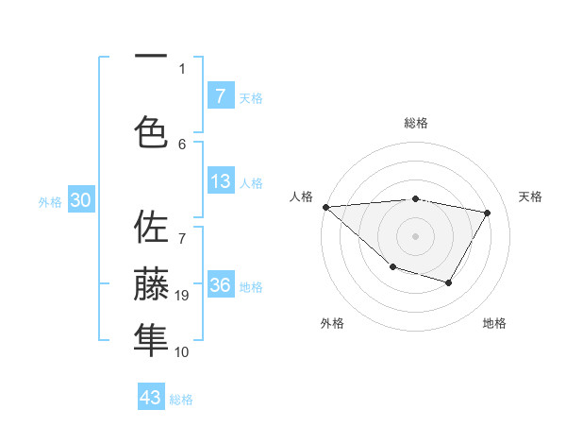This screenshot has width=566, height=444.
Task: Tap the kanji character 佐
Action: pos(151,229)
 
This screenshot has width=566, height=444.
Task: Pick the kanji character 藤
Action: pos(151,283)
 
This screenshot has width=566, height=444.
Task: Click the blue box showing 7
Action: pos(220,95)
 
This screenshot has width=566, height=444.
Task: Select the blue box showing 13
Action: pos(220,181)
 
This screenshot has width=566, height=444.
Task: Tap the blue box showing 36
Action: pos(220,285)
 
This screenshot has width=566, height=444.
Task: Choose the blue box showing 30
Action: pos(80,200)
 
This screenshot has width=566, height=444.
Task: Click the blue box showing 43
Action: pos(151,398)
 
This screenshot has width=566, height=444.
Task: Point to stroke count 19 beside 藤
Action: pos(182,296)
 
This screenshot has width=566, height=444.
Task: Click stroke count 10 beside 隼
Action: pos(182,352)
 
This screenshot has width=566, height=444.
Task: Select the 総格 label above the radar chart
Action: pos(416,123)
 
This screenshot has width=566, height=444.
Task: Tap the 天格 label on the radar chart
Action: pos(530,196)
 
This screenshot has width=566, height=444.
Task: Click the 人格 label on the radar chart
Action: pos(301,196)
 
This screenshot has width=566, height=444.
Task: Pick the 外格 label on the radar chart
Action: pos(332,323)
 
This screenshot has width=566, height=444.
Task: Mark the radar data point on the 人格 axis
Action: pos(325,207)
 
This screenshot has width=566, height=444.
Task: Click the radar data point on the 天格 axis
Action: pos(487,213)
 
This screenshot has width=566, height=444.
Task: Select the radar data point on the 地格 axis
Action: pos(449,282)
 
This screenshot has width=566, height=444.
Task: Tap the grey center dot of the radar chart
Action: pos(416,236)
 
